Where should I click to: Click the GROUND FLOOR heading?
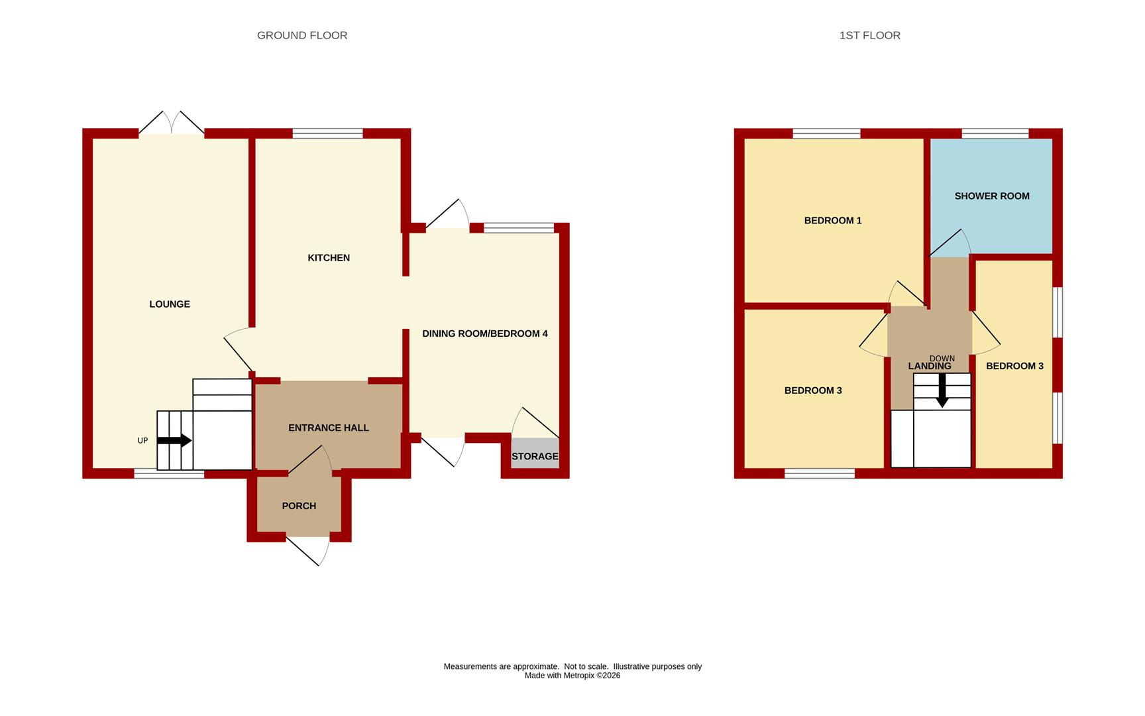pyautogui.click(x=302, y=35)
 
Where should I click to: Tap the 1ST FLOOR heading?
pyautogui.click(x=869, y=35)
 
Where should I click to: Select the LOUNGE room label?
pyautogui.click(x=170, y=304)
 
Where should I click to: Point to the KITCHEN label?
pyautogui.click(x=329, y=258)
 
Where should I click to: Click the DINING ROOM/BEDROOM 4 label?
pyautogui.click(x=485, y=333)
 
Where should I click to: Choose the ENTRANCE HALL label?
pyautogui.click(x=329, y=428)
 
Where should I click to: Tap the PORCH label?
pyautogui.click(x=299, y=506)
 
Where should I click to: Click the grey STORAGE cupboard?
pyautogui.click(x=535, y=453)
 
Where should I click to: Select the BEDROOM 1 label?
pyautogui.click(x=833, y=220)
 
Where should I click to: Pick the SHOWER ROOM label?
pyautogui.click(x=992, y=196)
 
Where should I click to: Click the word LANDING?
pyautogui.click(x=930, y=366)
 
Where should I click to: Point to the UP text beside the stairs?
pyautogui.click(x=142, y=441)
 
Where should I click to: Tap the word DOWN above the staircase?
pyautogui.click(x=942, y=359)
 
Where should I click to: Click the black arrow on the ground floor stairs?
pyautogui.click(x=174, y=440)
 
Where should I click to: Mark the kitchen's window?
pyautogui.click(x=328, y=133)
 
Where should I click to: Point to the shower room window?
pyautogui.click(x=995, y=133)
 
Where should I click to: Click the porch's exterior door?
pyautogui.click(x=309, y=550)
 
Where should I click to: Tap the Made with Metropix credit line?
pyautogui.click(x=572, y=676)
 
